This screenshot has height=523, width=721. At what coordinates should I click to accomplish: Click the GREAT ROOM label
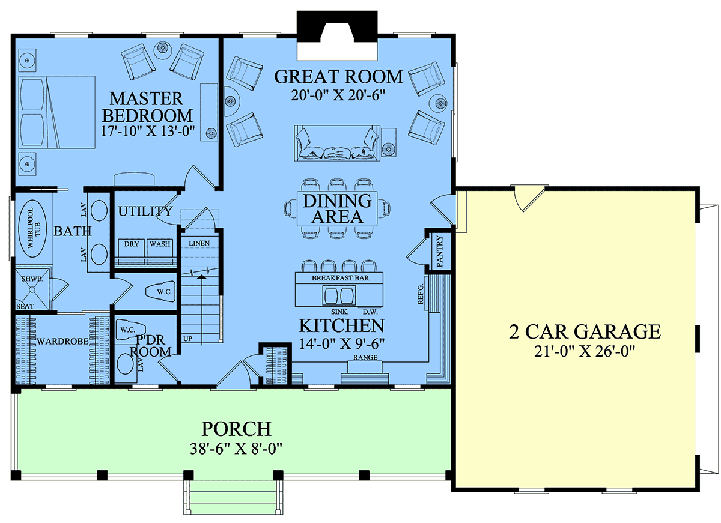(x=338, y=77)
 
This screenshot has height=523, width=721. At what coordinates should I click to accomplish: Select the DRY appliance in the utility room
(x=132, y=252)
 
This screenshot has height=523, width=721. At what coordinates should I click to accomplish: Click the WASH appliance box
(x=160, y=252)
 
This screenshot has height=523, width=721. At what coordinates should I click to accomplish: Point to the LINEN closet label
(x=199, y=244)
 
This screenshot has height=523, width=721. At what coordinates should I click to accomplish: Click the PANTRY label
(x=440, y=252)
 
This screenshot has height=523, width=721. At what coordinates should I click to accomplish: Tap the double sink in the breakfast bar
(x=339, y=295)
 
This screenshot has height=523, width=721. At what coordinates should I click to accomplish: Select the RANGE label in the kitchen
(x=365, y=357)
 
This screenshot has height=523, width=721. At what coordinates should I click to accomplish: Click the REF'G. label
(x=421, y=294)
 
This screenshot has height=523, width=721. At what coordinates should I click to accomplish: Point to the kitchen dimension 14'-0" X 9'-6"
(x=342, y=344)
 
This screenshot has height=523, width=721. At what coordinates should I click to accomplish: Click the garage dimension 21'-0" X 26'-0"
(x=584, y=351)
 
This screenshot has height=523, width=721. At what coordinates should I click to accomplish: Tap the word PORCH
(x=236, y=429)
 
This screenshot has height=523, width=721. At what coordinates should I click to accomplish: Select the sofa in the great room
(x=337, y=143)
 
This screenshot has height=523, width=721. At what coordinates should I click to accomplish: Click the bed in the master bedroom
(x=57, y=112)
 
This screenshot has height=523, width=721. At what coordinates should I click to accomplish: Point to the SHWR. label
(x=32, y=279)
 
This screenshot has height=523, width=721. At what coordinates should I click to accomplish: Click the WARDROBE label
(x=62, y=341)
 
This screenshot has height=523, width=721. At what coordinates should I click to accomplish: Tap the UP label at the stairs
(x=187, y=339)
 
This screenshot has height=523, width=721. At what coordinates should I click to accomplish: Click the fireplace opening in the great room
(x=337, y=42)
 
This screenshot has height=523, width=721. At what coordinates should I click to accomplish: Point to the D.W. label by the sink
(x=370, y=312)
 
